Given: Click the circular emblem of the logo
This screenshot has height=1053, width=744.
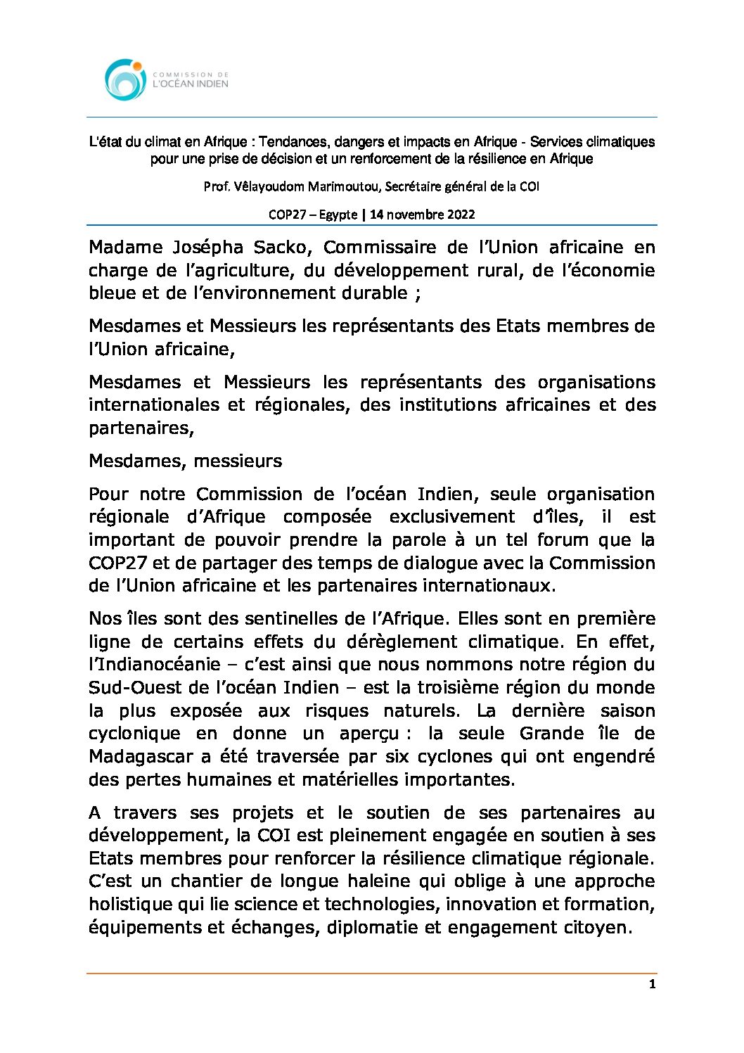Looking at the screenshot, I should click(x=125, y=79).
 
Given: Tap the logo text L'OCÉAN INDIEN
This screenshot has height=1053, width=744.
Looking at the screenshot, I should click(x=191, y=84).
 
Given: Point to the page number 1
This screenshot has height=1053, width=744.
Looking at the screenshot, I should click(x=652, y=984).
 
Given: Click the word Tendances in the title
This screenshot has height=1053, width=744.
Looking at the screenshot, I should click(x=290, y=142).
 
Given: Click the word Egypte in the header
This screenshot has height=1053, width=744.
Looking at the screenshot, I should click(x=338, y=215).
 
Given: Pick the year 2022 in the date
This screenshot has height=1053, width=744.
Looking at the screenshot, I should click(x=459, y=215).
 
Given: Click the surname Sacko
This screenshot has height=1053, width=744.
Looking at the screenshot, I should click(x=284, y=248).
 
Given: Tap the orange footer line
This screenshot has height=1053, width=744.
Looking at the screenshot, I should click(x=371, y=974).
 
